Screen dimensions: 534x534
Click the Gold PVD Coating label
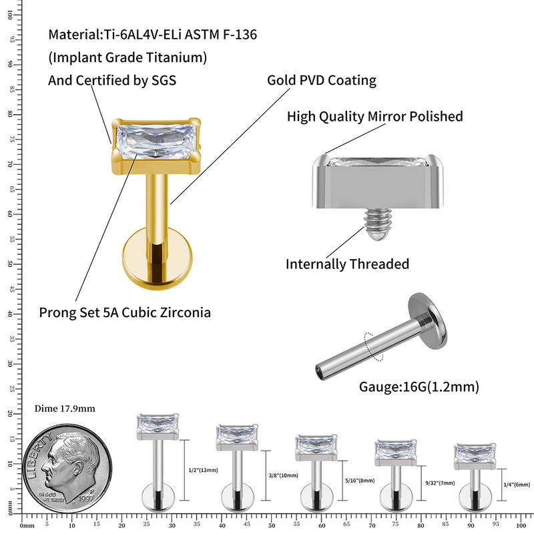point(322,81)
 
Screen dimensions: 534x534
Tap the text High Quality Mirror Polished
point(374,117)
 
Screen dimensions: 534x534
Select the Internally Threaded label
point(347,264)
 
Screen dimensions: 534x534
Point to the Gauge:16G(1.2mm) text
point(419,386)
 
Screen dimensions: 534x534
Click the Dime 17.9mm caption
point(64,409)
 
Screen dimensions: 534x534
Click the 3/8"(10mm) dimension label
point(282,476)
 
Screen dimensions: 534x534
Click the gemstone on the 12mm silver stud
point(158,425)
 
